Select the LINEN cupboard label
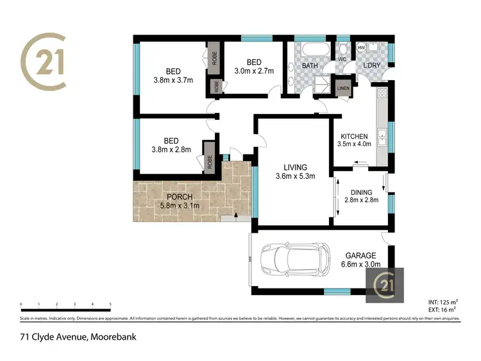[342, 87]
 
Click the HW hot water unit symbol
[361, 48]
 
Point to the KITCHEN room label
[354, 137]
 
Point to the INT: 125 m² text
[442, 301]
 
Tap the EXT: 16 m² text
[442, 309]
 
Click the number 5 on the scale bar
[110, 304]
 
